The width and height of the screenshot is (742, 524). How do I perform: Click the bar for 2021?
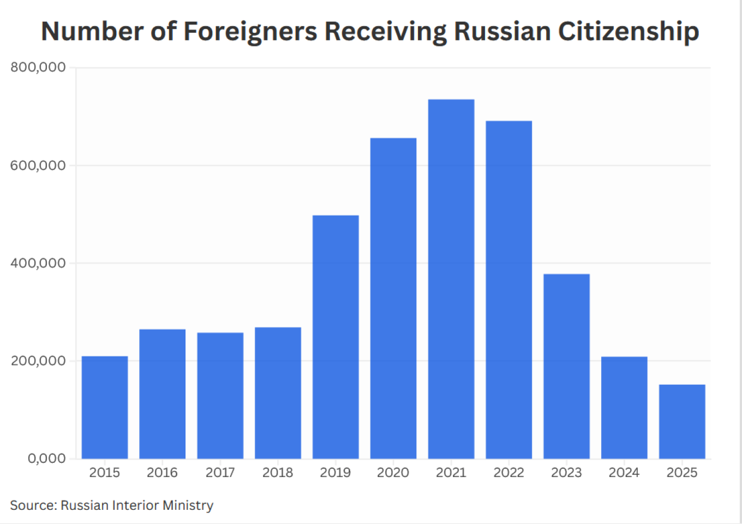(x=451, y=278)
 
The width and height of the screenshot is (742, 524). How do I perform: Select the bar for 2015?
(x=105, y=407)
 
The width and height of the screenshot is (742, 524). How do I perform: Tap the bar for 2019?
(x=336, y=337)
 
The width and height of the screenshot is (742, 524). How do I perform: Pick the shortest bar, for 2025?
(x=682, y=421)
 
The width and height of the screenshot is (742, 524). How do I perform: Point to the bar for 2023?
(x=566, y=366)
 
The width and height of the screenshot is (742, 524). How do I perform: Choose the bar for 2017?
(x=220, y=395)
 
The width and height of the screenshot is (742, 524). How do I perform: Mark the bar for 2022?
(x=508, y=289)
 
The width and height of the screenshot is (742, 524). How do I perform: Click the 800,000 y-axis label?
(x=38, y=67)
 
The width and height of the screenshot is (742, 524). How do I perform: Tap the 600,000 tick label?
(x=38, y=165)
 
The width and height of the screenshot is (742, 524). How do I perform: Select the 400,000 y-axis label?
(x=38, y=263)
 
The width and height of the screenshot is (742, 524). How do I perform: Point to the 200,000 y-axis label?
(x=38, y=361)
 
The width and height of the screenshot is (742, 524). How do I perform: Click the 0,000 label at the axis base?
(x=46, y=458)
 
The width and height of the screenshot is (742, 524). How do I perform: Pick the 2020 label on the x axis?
(x=393, y=473)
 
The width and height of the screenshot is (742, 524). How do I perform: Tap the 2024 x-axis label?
(x=624, y=473)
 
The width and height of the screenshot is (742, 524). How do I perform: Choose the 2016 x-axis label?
(x=162, y=473)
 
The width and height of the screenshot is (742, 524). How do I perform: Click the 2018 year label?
(x=278, y=473)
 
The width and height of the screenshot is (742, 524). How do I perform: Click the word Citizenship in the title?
(x=629, y=32)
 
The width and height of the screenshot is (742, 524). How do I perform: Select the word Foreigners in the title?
(x=250, y=32)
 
